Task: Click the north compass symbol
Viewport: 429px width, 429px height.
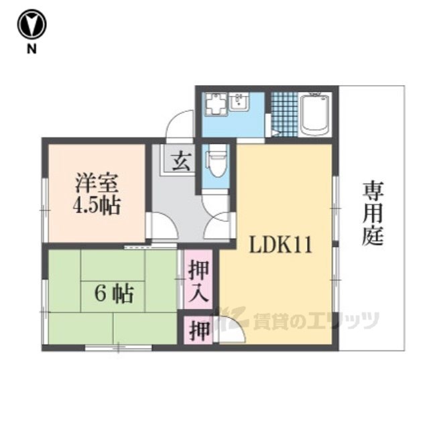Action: (32, 24)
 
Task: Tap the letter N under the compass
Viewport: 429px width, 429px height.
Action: (32, 49)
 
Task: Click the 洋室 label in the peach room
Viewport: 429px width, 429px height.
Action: (97, 183)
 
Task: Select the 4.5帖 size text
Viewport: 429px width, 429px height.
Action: (97, 206)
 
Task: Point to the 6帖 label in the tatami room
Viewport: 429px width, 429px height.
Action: (114, 294)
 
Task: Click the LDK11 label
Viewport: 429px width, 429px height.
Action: (280, 245)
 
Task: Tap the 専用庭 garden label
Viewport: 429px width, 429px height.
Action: (373, 213)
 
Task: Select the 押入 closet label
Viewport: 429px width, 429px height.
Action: (198, 281)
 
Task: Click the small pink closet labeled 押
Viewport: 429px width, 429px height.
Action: (198, 330)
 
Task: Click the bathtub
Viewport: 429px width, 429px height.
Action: (315, 114)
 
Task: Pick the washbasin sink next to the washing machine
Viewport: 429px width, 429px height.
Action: (239, 102)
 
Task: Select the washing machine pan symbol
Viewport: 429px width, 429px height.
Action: (217, 104)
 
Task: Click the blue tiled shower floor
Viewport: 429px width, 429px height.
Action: (285, 115)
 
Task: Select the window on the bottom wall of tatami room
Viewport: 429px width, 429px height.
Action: (119, 348)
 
